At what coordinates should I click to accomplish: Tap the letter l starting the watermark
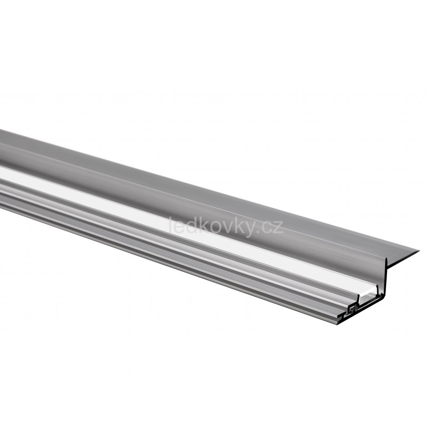pyautogui.click(x=171, y=225)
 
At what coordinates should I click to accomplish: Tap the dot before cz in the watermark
pyautogui.click(x=259, y=232)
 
